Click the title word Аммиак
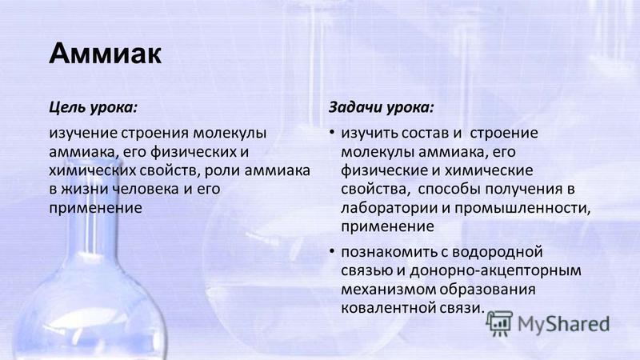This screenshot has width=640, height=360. tap(106, 54)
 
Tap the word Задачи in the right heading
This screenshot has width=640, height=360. tap(355, 108)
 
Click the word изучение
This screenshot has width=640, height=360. tap(84, 134)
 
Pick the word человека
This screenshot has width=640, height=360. tap(146, 189)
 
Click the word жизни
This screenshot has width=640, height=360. tap(85, 189)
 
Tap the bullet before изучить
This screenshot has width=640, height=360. tap(332, 132)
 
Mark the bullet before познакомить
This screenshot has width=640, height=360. tap(332, 250)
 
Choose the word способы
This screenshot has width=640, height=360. tap(449, 190)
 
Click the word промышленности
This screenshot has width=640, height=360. tap(523, 208)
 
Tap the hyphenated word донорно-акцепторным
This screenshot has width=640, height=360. tap(495, 271)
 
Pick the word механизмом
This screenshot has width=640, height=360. tap(388, 290)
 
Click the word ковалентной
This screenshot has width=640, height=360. tap(388, 308)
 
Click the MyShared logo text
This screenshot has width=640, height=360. tap(564, 325)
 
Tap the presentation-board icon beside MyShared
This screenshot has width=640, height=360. tap(500, 324)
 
